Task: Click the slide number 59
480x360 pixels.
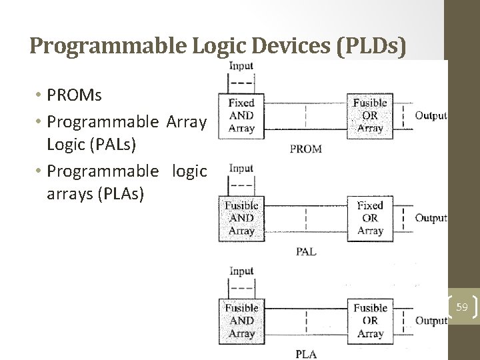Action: click(x=462, y=307)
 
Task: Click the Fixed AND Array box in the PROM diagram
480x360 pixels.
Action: click(x=241, y=115)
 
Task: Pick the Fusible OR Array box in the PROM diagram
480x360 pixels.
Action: click(x=369, y=115)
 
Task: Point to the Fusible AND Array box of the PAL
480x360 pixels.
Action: click(x=241, y=218)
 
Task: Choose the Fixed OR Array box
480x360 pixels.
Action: click(x=369, y=218)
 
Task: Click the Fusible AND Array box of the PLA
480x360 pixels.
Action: click(x=241, y=321)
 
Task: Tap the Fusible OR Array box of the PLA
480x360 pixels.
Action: click(x=369, y=321)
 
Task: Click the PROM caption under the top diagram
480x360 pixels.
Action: click(x=306, y=149)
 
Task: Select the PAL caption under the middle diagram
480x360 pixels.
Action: click(x=306, y=251)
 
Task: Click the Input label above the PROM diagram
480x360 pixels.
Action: click(x=241, y=65)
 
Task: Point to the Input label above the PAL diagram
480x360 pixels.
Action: click(x=241, y=169)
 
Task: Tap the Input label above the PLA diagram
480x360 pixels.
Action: click(x=241, y=271)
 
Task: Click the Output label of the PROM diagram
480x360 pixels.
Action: click(x=431, y=115)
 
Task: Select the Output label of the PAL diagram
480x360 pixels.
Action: click(x=431, y=218)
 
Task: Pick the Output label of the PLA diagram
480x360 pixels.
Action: click(x=431, y=321)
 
